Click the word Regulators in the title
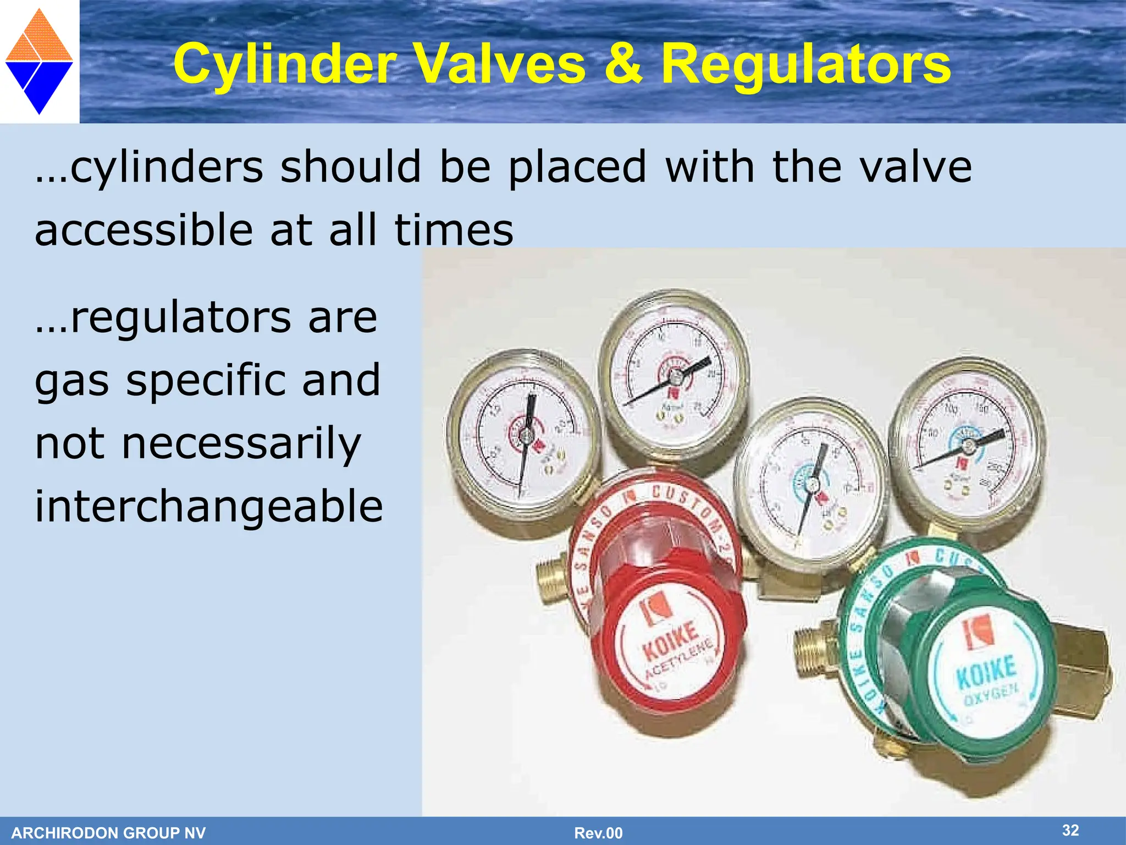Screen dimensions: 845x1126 pos(805,64)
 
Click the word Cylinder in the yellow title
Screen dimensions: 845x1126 pos(284,64)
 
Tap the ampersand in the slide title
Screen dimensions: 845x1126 pos(622,64)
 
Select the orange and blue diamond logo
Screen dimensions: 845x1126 pos(39,62)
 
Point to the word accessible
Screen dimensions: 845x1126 pos(143,230)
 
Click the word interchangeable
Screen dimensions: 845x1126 pos(209,506)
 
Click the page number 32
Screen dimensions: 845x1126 pos(1070,830)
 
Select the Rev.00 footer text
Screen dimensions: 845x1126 pos(598,833)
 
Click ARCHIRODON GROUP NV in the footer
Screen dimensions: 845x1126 pos(108,833)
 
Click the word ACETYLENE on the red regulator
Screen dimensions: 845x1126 pos(680,660)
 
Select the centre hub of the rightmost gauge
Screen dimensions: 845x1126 pos(968,446)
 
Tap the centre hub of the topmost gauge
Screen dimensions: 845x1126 pos(675,377)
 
